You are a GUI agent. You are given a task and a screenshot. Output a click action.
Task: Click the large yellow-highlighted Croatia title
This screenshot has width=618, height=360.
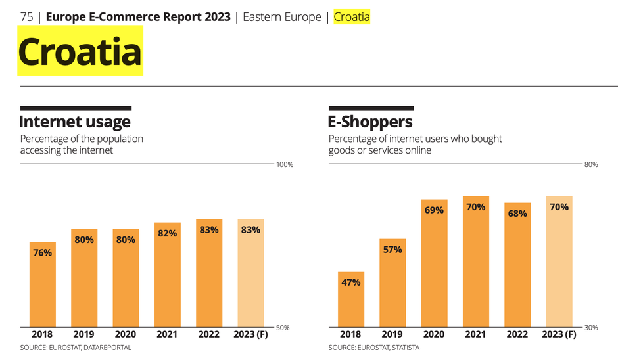click(80, 51)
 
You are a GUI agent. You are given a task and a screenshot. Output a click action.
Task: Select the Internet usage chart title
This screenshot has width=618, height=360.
click(75, 122)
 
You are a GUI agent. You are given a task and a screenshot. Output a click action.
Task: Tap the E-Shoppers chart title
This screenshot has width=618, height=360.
click(371, 122)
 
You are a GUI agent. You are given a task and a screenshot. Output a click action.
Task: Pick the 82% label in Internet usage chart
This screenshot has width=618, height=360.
click(168, 233)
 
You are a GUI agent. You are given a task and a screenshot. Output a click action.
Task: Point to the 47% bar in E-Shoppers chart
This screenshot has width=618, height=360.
click(351, 299)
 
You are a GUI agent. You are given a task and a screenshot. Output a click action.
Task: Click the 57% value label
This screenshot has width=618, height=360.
click(392, 250)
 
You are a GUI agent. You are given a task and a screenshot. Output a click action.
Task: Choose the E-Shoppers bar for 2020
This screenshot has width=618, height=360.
click(434, 263)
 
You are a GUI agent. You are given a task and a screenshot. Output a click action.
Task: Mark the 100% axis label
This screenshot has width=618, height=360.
click(284, 164)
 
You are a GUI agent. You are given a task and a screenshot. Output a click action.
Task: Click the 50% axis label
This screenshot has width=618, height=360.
click(282, 327)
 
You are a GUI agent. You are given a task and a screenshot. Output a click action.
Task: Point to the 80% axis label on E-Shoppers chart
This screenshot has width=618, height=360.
click(591, 164)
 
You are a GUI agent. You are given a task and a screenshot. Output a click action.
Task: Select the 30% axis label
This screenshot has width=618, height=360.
click(591, 327)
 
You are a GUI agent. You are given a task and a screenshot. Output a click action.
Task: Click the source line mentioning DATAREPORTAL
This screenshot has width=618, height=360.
click(76, 348)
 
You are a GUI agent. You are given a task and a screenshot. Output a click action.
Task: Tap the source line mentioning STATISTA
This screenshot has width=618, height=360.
click(374, 348)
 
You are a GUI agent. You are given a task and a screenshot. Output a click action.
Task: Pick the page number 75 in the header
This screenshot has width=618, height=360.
click(27, 17)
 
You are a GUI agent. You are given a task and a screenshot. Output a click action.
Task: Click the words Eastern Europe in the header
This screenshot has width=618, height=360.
click(282, 17)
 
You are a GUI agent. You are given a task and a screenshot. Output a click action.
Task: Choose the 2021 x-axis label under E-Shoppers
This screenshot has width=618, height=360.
click(475, 334)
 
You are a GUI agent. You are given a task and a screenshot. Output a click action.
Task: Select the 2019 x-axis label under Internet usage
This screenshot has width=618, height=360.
click(83, 334)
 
